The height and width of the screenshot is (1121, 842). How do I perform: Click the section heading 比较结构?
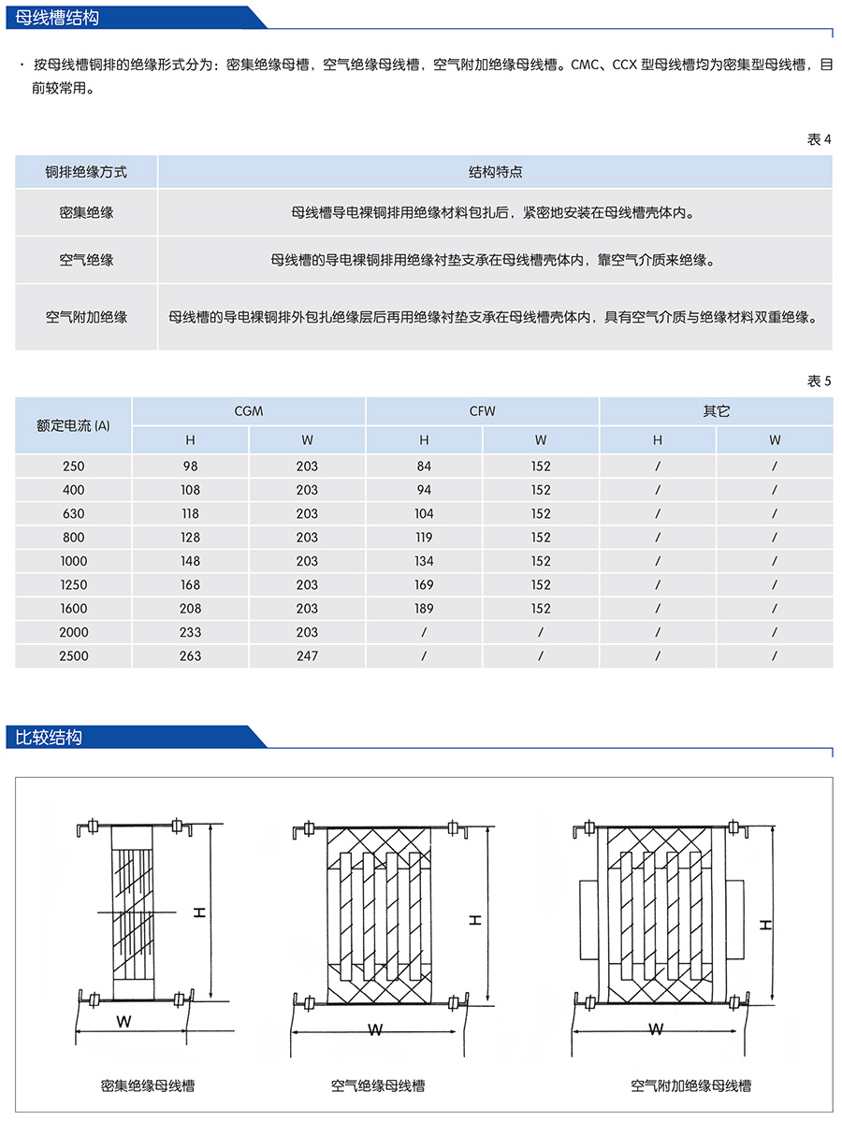[50, 737]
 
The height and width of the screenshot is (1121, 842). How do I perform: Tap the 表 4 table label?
[818, 139]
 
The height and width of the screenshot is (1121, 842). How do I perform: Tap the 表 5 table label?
[818, 381]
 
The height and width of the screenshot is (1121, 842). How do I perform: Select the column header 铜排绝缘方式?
[86, 172]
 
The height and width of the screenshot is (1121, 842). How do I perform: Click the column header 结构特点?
[495, 172]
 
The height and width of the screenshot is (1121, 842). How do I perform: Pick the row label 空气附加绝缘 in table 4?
[86, 317]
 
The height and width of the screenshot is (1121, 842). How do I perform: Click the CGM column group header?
[248, 411]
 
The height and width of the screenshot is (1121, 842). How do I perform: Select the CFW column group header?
[482, 411]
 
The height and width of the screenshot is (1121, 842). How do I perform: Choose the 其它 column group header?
[716, 411]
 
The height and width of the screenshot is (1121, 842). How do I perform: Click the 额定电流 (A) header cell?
[73, 425]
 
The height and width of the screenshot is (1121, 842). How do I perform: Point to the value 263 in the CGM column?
[190, 655]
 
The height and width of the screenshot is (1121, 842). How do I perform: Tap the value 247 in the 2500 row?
[307, 655]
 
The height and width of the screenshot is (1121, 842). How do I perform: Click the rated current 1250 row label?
[73, 584]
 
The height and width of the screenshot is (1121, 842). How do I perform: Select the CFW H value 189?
[424, 608]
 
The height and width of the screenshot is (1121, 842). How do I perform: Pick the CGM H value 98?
[190, 466]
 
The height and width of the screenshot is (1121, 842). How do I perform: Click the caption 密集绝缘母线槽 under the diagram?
[147, 1085]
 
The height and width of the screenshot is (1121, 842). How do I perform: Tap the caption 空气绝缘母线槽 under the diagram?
[377, 1085]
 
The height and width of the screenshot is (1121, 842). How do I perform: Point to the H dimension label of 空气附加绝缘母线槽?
[765, 925]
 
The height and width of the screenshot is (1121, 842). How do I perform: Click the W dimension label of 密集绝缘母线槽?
[123, 1022]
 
